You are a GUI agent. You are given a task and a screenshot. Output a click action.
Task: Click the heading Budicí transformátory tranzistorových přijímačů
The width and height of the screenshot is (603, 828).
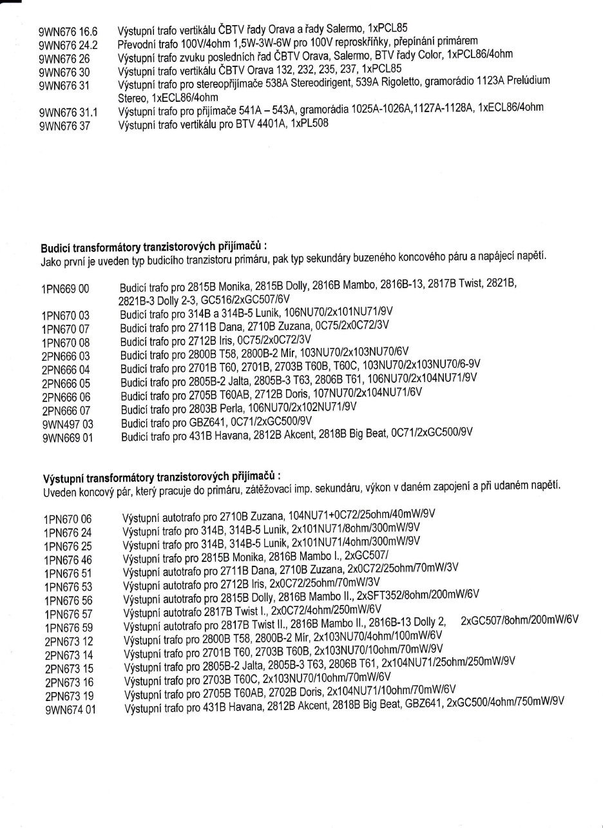(153, 247)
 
